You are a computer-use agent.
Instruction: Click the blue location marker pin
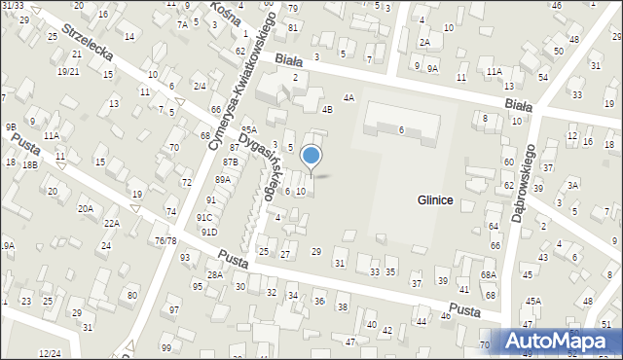click(311, 156)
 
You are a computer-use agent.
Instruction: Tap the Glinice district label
click(435, 199)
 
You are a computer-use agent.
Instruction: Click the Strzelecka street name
click(88, 45)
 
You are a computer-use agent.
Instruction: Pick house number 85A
click(248, 129)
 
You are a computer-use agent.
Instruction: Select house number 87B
click(231, 162)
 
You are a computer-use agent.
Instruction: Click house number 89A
click(223, 180)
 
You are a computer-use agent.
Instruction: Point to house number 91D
click(208, 232)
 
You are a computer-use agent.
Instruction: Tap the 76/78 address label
click(165, 240)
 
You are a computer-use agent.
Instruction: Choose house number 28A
click(215, 275)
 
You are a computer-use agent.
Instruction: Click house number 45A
click(532, 302)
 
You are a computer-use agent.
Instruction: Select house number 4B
click(328, 109)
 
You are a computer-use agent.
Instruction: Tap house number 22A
click(112, 224)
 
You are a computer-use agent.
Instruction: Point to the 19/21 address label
click(68, 71)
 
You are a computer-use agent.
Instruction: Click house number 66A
click(495, 246)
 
